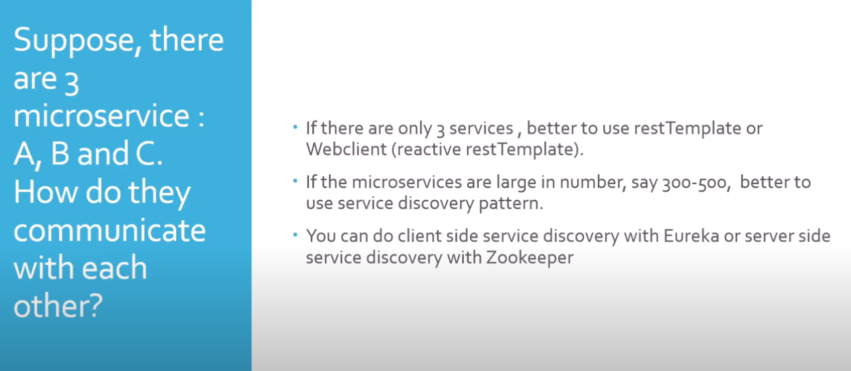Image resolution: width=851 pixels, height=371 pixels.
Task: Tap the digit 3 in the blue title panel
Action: (x=71, y=83)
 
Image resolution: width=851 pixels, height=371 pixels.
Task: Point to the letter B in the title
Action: (x=60, y=154)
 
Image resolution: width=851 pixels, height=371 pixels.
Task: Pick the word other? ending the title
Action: (x=58, y=306)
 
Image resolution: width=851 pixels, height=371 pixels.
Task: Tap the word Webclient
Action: (x=346, y=149)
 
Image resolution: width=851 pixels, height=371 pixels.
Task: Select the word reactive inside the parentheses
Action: (x=429, y=150)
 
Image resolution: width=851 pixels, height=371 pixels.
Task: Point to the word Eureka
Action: (x=691, y=236)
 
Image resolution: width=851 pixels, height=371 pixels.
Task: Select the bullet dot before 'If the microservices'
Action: (x=295, y=181)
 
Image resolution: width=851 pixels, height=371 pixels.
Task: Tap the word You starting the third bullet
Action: (x=321, y=236)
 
